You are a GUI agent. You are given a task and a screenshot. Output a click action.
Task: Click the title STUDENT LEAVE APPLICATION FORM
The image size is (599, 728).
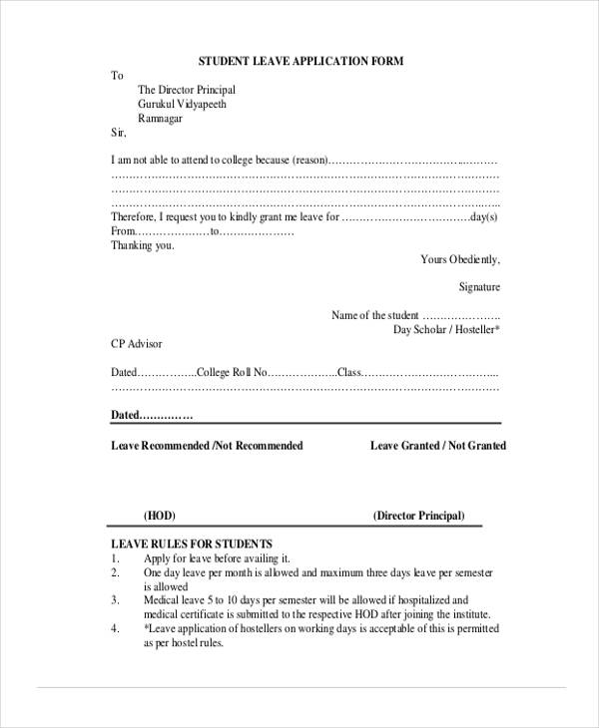point(300,61)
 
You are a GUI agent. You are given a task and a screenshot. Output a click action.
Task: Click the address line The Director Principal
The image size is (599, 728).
point(187,90)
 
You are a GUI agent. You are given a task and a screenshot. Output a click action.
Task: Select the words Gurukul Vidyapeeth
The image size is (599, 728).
point(182,104)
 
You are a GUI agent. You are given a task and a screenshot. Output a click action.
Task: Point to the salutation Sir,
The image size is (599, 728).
point(118,132)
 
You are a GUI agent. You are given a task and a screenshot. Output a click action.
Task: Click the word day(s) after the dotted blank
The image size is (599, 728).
point(483,216)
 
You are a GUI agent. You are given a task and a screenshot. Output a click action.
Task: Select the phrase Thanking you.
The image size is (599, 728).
point(143,244)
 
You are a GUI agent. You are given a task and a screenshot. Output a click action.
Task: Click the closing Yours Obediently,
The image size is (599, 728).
point(459,259)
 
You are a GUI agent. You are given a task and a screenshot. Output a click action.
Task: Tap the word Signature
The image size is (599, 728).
point(479,287)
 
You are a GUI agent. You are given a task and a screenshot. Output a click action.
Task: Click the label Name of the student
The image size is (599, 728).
point(375,315)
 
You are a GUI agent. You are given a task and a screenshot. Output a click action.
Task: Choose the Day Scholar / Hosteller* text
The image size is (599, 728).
point(446,329)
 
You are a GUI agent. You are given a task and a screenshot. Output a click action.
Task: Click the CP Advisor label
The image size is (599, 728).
point(136,343)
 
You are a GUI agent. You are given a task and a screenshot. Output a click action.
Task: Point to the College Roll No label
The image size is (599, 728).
point(233,372)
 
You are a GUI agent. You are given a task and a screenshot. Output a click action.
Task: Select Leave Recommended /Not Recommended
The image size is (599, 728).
point(207,445)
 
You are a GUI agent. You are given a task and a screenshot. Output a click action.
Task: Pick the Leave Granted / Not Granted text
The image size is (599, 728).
point(438,445)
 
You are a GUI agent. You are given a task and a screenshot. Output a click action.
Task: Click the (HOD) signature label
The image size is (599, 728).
point(160,516)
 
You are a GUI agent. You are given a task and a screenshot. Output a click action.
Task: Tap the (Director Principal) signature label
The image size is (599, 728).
point(418,516)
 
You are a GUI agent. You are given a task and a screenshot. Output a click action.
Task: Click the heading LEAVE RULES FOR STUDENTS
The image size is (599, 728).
point(178,544)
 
